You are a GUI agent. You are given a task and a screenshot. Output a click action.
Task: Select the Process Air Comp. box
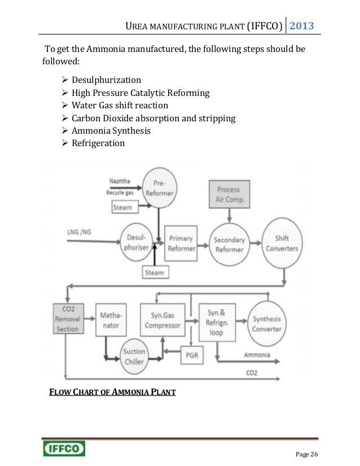coord(228,195)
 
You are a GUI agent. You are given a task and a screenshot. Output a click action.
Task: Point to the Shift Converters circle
coord(281,243)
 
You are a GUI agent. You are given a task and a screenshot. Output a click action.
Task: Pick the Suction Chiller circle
coord(134,355)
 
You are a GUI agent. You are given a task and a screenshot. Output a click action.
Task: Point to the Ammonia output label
coord(257,355)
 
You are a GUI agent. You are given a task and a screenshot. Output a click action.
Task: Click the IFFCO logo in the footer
coord(64,449)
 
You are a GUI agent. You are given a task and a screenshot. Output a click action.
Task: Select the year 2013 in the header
coord(302,26)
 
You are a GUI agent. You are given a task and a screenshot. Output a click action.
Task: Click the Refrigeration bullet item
coord(98,143)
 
